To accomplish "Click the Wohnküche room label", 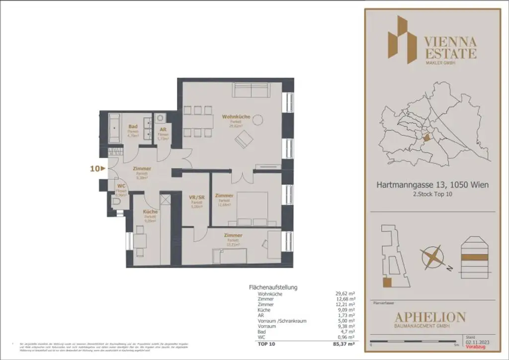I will [236, 117].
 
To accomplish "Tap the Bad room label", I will [132, 127].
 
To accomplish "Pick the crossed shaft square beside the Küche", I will [166, 201].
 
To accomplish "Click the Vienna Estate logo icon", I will [403, 40].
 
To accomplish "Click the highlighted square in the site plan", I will [387, 283].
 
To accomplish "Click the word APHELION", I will [430, 317].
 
